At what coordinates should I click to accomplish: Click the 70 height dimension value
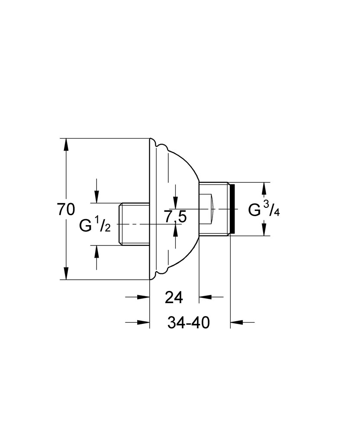tap(66, 209)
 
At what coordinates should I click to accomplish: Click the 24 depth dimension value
tap(174, 298)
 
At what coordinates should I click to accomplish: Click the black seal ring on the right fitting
tap(232, 209)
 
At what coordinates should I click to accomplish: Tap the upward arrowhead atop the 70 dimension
tap(66, 144)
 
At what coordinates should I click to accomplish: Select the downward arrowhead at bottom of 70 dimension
tap(66, 273)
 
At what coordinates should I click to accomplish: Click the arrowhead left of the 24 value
tap(143, 297)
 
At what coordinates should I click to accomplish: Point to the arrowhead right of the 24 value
tap(205, 297)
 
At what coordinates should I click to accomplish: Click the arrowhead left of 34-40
tap(143, 322)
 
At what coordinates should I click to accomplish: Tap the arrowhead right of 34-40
tap(236, 322)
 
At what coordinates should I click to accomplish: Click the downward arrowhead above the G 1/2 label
tap(96, 197)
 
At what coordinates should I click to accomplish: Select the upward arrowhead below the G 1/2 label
tap(96, 251)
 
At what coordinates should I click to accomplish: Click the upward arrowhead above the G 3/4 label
tap(264, 189)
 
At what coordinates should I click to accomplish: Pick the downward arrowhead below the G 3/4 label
tap(264, 229)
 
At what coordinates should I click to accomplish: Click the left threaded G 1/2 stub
tap(134, 224)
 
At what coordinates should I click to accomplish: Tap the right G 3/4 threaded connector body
tap(214, 209)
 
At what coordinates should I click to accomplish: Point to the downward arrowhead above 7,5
tap(175, 203)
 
